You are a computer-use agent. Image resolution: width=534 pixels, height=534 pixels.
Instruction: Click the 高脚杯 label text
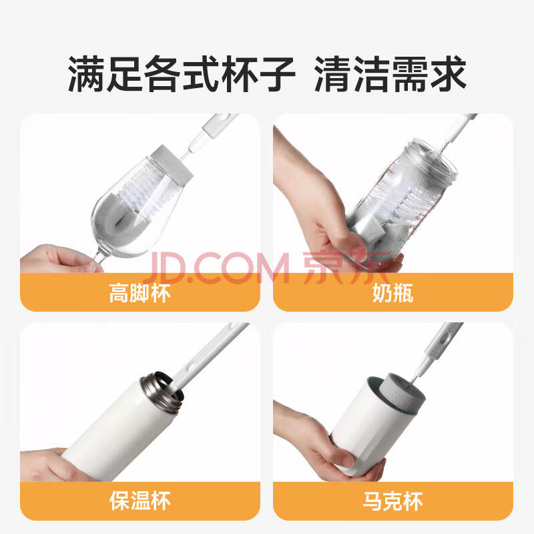click(140, 293)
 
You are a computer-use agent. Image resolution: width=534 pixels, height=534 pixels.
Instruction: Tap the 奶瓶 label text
click(392, 293)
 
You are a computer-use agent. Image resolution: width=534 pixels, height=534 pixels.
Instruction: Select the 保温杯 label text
click(140, 501)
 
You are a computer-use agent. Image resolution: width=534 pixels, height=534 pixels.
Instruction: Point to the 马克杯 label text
click(392, 501)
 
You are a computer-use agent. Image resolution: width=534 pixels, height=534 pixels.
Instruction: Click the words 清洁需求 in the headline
click(390, 74)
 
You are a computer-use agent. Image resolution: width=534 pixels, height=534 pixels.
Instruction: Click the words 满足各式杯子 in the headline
click(181, 74)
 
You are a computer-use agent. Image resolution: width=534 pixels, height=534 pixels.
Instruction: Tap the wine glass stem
click(99, 256)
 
